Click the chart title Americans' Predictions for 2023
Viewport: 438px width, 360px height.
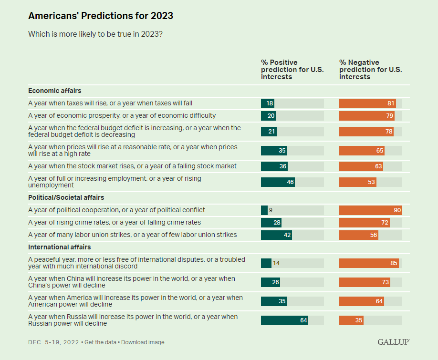click(100, 16)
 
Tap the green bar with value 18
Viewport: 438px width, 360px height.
click(267, 103)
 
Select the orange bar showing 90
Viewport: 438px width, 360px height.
click(370, 210)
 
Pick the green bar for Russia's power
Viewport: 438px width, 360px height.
click(284, 320)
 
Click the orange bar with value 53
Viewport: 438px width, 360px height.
click(358, 182)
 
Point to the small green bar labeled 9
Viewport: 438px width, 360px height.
click(264, 210)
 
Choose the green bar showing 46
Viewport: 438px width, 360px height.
click(278, 182)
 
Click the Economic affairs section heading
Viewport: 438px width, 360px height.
click(55, 91)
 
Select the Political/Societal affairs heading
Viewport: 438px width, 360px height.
click(66, 197)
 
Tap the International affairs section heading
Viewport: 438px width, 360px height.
click(60, 247)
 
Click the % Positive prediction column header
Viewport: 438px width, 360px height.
click(292, 70)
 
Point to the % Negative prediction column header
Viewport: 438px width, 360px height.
click(370, 70)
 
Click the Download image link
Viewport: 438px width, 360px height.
click(143, 342)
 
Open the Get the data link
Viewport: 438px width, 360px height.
click(100, 342)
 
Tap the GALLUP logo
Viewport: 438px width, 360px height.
click(393, 342)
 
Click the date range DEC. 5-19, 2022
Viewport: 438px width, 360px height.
click(53, 342)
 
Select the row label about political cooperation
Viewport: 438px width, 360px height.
click(117, 210)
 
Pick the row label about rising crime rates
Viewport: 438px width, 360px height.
click(115, 222)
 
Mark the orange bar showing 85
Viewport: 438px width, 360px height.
click(369, 263)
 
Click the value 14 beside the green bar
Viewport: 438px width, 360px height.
click(276, 263)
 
